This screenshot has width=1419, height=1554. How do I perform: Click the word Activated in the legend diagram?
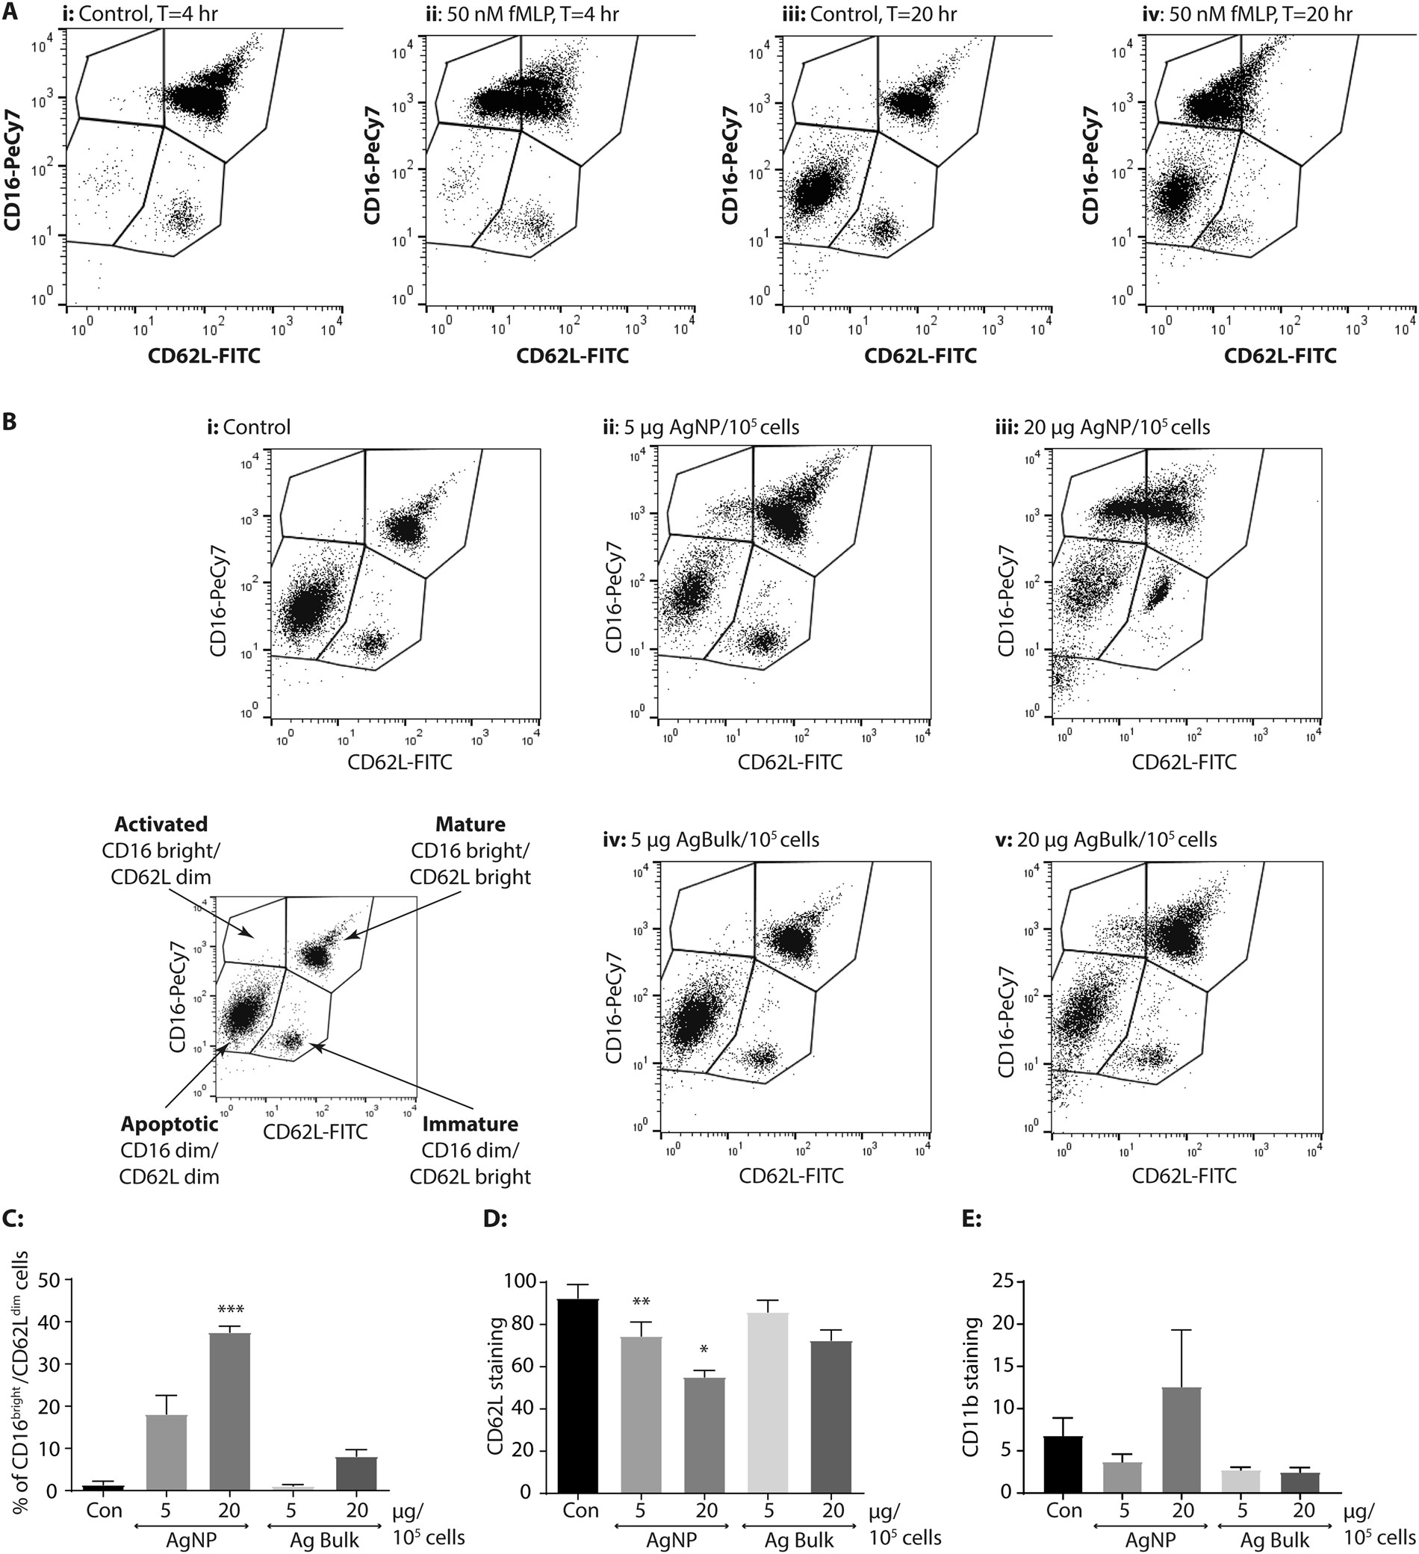161,824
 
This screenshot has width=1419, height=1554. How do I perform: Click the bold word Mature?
471,824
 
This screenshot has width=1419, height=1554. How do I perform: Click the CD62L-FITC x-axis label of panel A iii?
919,356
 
